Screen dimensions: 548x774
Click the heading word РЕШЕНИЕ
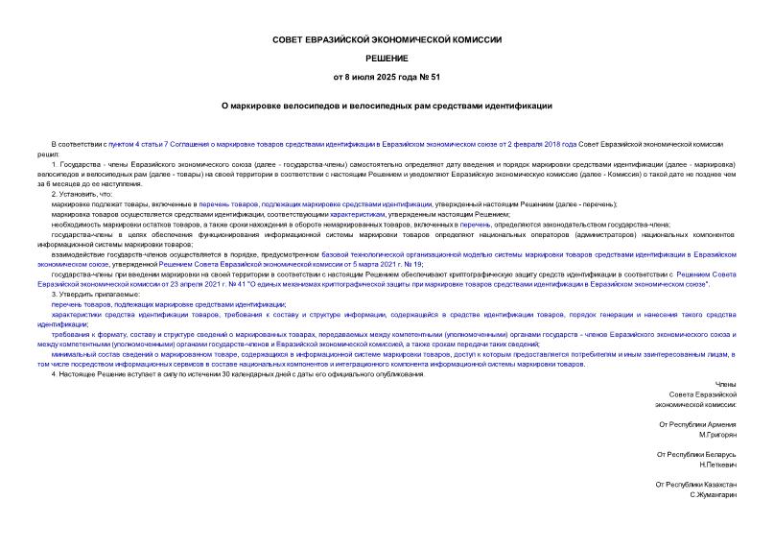387,58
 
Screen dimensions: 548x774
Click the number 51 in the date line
434,77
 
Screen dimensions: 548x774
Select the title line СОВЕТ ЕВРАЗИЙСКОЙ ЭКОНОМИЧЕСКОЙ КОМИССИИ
387,39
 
